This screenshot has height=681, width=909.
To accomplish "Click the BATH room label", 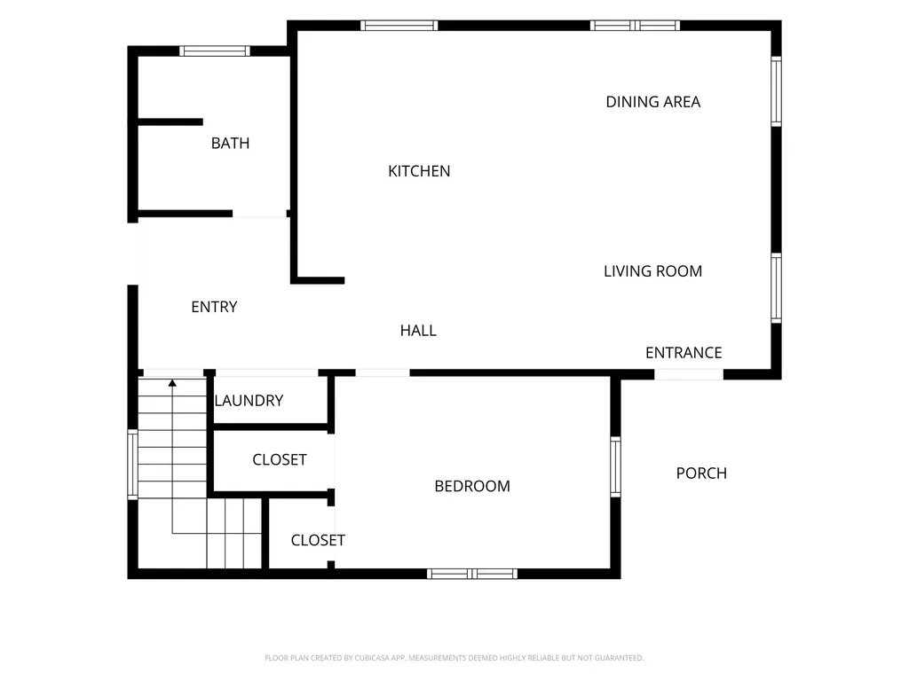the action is click(230, 143).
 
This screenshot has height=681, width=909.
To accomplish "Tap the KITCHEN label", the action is click(419, 171).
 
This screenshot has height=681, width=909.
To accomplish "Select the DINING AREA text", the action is click(653, 102).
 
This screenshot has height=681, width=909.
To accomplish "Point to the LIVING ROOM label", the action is click(652, 271).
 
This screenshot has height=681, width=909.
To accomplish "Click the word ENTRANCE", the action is click(684, 353).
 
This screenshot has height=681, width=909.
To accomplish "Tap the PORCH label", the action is click(701, 474).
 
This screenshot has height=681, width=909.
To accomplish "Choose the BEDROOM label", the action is click(472, 486).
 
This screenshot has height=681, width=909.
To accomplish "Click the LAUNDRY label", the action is click(249, 400).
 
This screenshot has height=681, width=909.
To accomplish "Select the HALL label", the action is click(418, 331).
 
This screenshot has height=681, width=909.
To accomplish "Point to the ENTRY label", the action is click(215, 307).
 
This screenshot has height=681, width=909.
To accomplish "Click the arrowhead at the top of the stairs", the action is click(172, 383).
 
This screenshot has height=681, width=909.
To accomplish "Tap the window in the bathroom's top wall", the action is click(215, 51).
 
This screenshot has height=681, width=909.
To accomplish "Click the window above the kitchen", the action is click(399, 26).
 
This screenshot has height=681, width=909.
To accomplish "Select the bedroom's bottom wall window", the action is click(472, 574).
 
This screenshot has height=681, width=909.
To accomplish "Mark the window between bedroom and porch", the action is click(616, 466).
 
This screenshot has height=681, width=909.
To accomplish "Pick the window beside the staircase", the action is click(133, 464).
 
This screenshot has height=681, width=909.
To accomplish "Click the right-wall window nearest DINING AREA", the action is click(776, 91).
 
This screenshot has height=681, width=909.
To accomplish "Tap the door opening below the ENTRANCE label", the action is click(689, 374).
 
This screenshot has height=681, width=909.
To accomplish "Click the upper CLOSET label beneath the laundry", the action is click(280, 460).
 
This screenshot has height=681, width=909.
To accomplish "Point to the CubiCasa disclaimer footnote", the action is click(454, 658).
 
